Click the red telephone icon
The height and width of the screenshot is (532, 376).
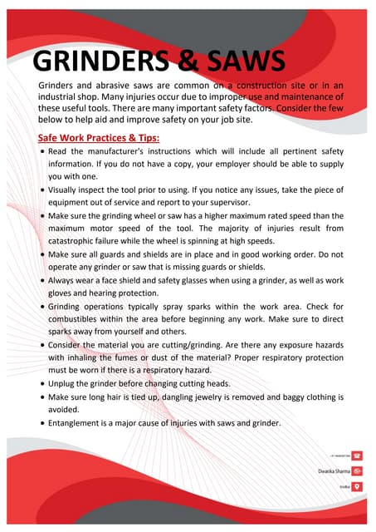(x=356, y=456)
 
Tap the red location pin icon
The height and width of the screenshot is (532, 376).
(x=356, y=485)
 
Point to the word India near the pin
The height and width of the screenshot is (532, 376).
(x=342, y=485)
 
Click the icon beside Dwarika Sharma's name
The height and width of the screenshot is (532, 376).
(x=356, y=470)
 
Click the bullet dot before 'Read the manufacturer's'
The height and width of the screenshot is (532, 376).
(x=42, y=154)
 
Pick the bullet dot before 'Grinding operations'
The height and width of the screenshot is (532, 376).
(x=42, y=307)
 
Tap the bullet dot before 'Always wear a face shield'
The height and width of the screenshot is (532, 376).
(x=42, y=281)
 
